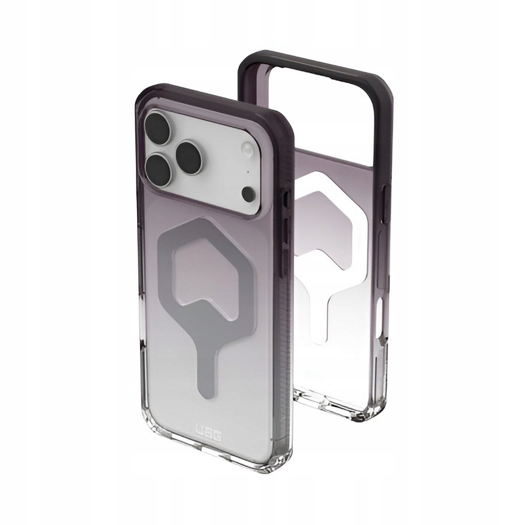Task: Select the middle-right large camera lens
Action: [x=192, y=155]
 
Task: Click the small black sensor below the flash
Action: [x=249, y=192]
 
